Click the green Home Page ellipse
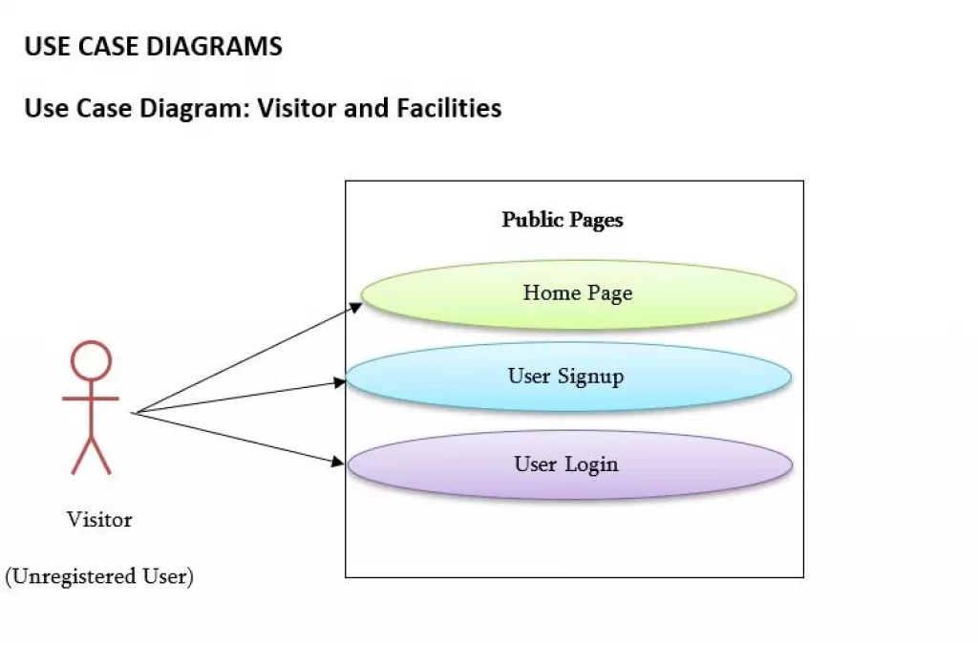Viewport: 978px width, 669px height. coord(579,294)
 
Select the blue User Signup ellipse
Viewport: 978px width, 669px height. coord(568,377)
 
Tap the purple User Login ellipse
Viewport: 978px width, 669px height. coord(569,464)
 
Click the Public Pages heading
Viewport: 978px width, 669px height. coord(562,221)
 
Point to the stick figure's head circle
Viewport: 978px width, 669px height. coord(91,360)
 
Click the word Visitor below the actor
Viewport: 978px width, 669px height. coord(99,519)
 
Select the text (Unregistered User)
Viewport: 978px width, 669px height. coord(99,576)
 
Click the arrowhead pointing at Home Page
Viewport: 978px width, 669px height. coord(355,307)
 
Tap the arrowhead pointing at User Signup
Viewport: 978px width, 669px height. coord(339,382)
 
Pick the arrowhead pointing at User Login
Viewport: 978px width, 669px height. coord(337,462)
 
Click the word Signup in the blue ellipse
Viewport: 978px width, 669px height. coord(590,377)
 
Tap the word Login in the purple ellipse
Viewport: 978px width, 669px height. coord(591,464)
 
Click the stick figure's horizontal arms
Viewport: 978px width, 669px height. coord(91,399)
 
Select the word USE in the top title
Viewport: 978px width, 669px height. coord(47,47)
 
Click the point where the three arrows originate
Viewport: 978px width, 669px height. coord(134,413)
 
